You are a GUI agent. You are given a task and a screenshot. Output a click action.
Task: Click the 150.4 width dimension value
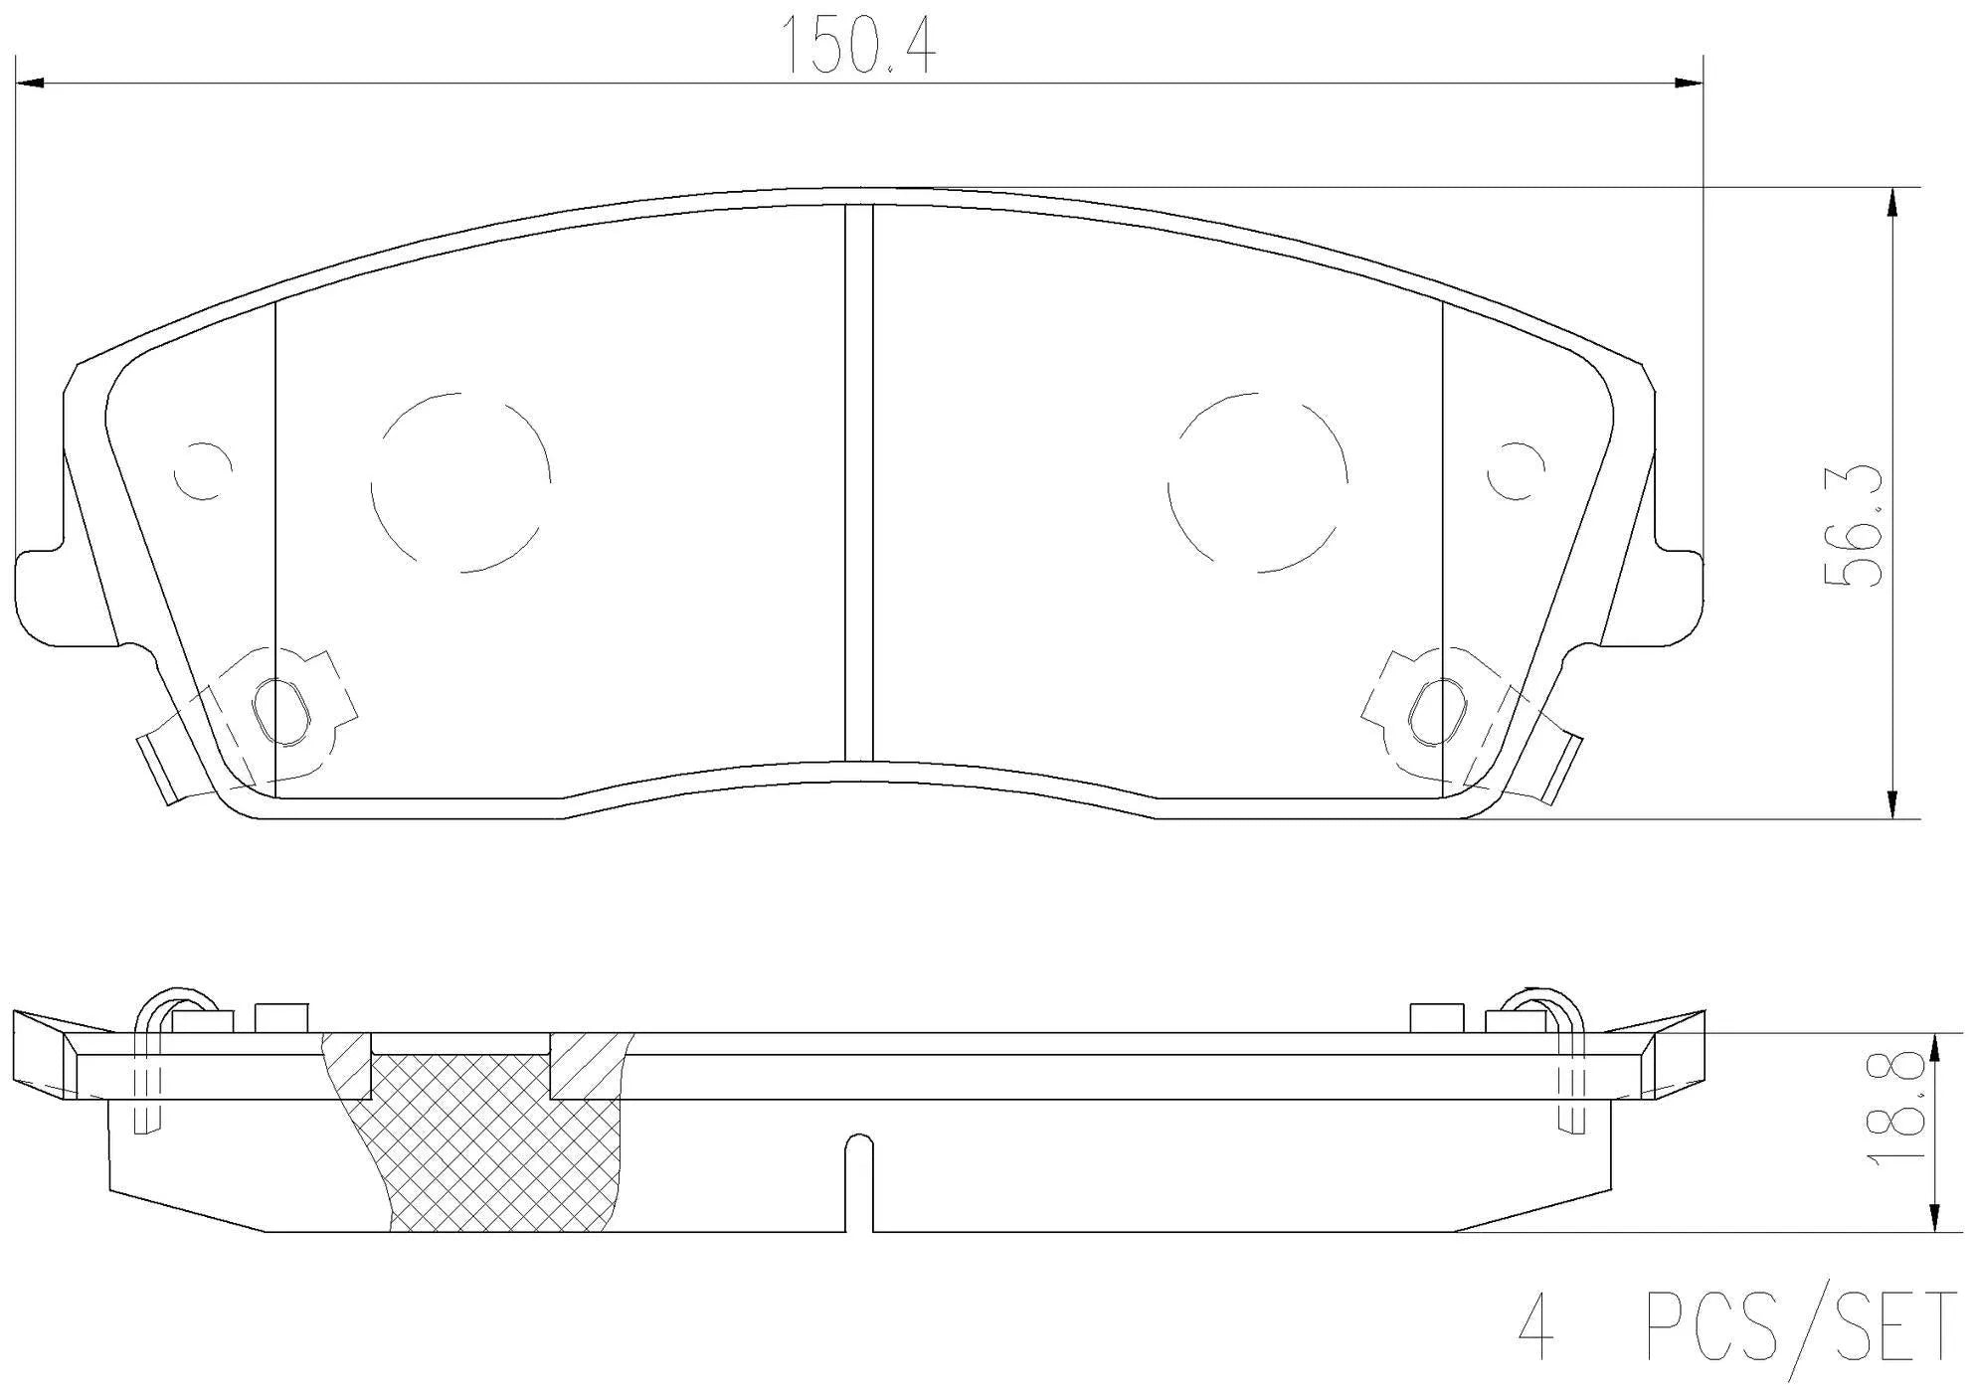(x=859, y=46)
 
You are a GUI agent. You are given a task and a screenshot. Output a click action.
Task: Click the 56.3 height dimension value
(x=1854, y=526)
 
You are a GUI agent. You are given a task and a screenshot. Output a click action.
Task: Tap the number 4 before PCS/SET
(x=1535, y=1326)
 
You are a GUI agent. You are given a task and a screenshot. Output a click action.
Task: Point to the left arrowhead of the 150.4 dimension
(x=31, y=84)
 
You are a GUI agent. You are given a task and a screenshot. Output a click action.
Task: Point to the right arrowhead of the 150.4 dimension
(x=1690, y=84)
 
